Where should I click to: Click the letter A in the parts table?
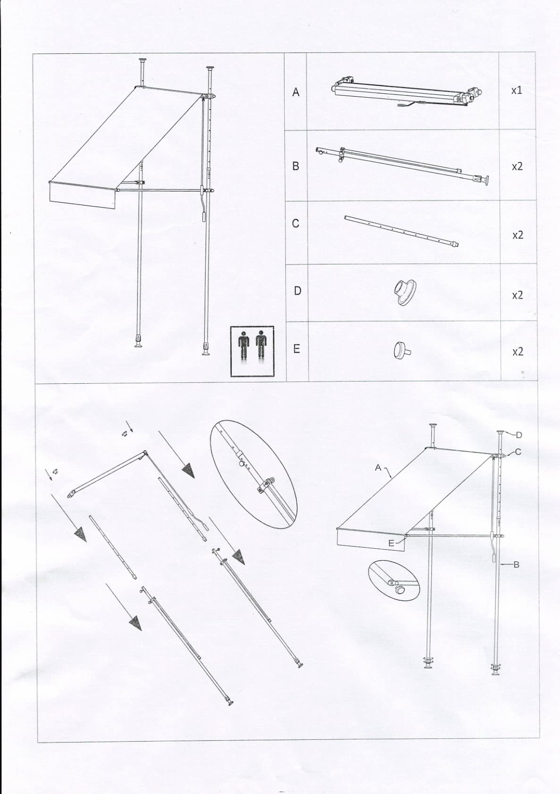click(295, 92)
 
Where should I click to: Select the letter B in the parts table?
click(295, 166)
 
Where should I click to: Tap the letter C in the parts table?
click(295, 223)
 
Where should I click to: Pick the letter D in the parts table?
click(298, 290)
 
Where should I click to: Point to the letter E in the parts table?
click(296, 349)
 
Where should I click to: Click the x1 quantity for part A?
click(517, 91)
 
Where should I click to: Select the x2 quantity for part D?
click(518, 295)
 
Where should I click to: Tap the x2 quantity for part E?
click(518, 351)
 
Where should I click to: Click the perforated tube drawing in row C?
click(402, 231)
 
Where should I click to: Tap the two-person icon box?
click(252, 351)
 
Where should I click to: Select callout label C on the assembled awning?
click(518, 452)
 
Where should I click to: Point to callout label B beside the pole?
click(517, 565)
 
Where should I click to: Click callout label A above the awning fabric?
click(378, 468)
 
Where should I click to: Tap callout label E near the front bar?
click(391, 543)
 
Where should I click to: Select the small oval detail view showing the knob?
click(393, 580)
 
